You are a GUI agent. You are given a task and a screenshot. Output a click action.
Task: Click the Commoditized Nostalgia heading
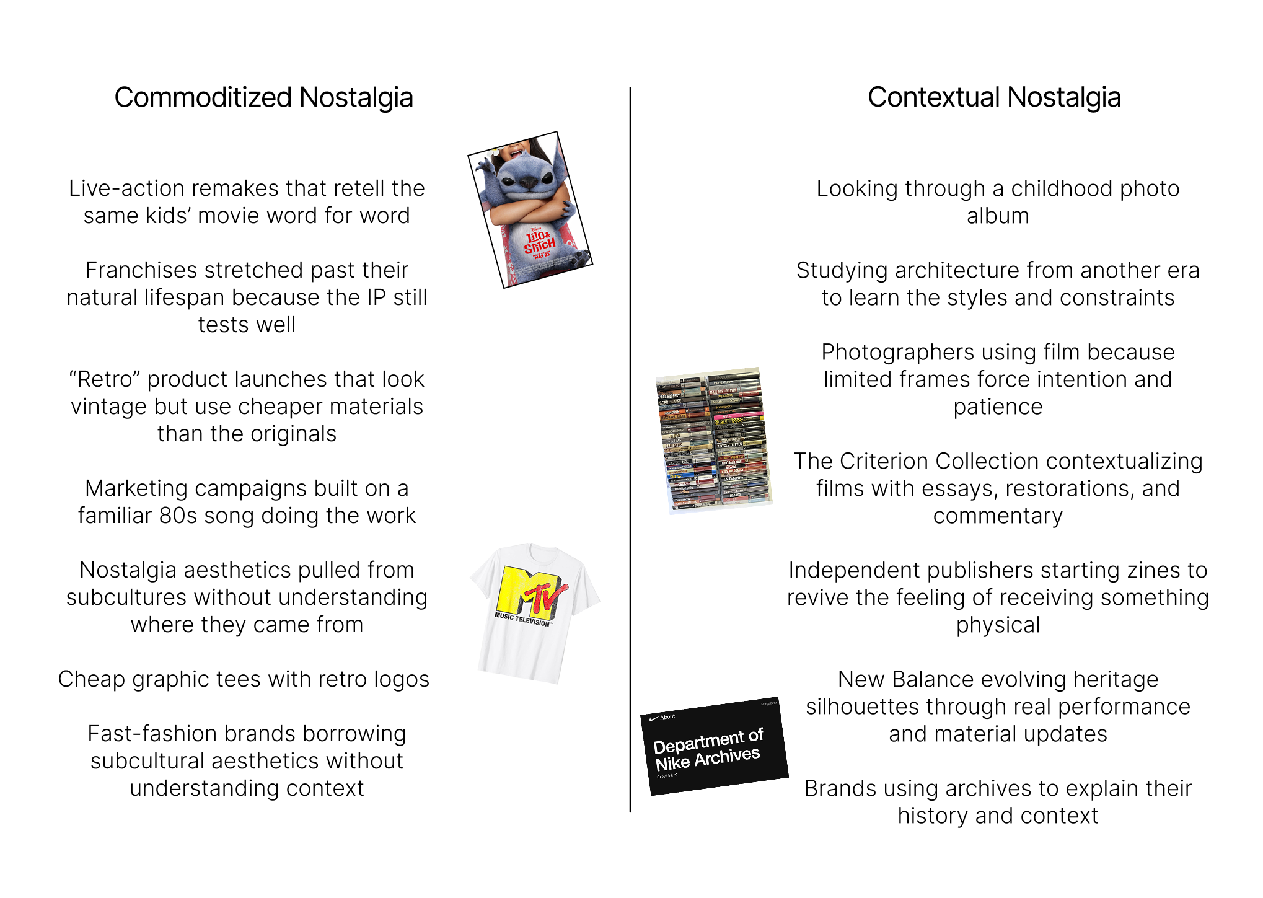click(x=263, y=98)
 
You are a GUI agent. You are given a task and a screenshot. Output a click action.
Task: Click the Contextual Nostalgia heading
click(x=993, y=98)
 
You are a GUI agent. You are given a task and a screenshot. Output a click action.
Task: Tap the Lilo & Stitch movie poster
click(x=530, y=209)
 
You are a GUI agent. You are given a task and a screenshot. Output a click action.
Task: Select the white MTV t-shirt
click(x=535, y=614)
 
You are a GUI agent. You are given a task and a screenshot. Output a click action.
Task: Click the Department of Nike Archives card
click(x=714, y=746)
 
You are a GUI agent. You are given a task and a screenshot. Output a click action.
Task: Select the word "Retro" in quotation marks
click(x=105, y=379)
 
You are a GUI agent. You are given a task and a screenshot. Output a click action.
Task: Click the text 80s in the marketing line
click(x=170, y=516)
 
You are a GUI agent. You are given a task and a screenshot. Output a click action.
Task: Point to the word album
click(x=997, y=216)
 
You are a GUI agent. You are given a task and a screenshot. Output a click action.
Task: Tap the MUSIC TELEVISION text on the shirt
click(x=522, y=619)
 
